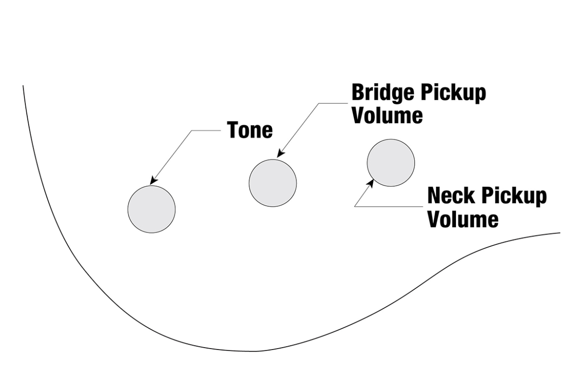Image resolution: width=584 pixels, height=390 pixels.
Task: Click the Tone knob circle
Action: (151, 209)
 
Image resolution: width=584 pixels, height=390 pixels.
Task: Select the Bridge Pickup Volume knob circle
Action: (273, 183)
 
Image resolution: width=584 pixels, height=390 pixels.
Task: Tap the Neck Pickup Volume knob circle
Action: (391, 163)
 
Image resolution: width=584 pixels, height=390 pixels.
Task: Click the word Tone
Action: (250, 130)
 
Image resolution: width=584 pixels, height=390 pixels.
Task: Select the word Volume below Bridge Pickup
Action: (387, 116)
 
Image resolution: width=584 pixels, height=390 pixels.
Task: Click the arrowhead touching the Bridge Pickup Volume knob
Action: (280, 154)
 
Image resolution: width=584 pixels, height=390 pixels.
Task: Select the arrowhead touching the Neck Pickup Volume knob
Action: (371, 183)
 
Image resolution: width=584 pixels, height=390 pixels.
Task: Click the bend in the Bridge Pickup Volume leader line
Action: (319, 103)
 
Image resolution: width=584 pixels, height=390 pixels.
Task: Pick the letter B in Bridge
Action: (358, 92)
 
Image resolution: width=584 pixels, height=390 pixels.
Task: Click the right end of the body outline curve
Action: (560, 233)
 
